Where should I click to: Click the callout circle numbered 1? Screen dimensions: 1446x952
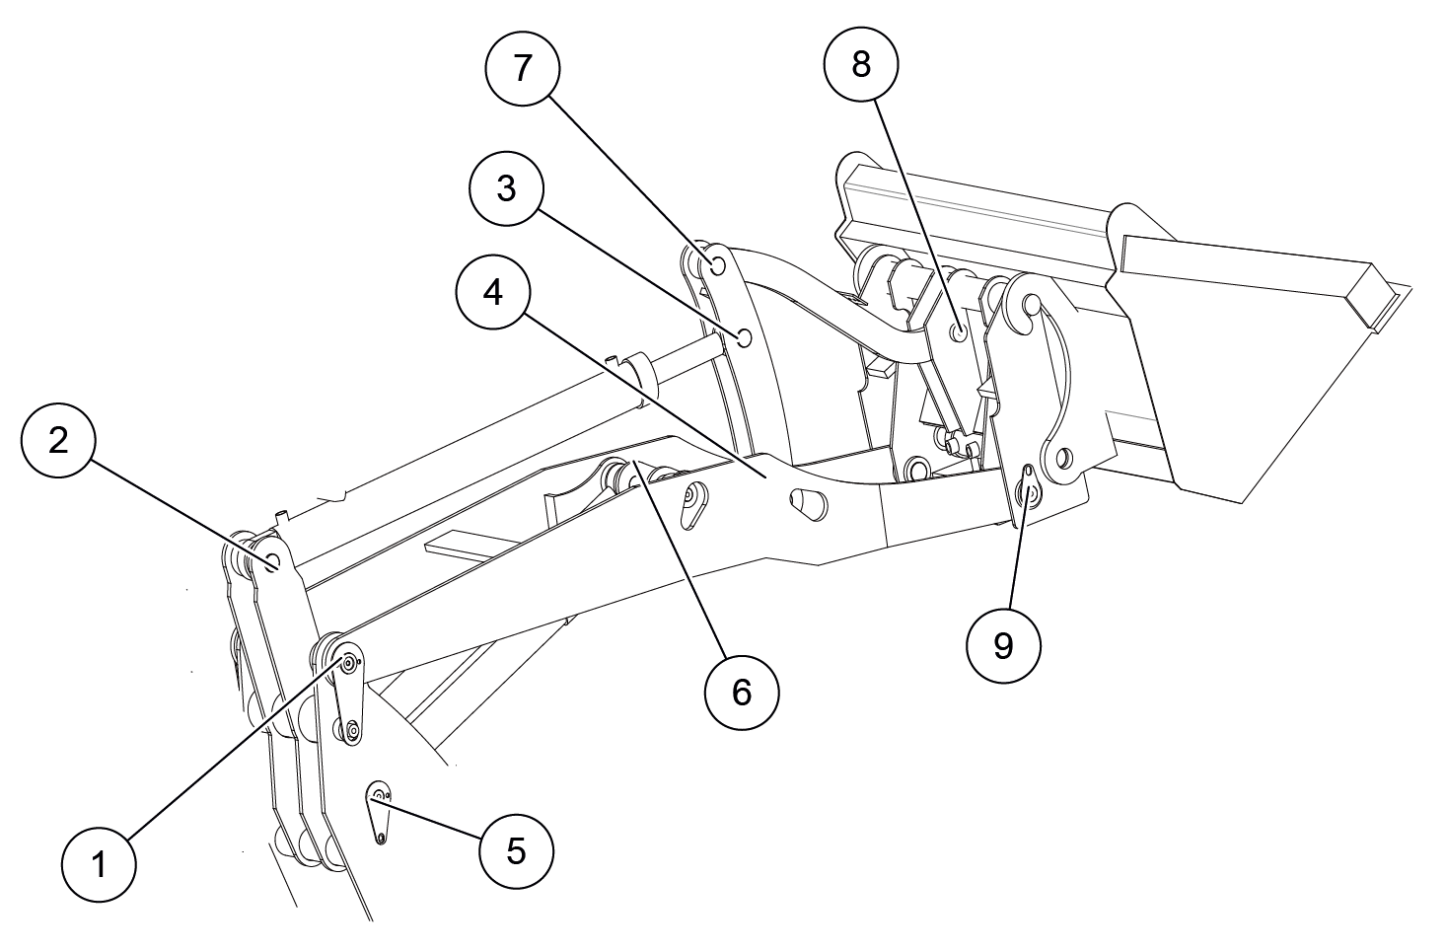click(99, 864)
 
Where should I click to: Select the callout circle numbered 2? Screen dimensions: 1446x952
click(58, 440)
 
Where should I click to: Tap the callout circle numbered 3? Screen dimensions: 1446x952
click(507, 188)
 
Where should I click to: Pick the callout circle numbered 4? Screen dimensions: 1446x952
click(493, 293)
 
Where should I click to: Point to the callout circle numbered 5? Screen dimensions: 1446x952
click(517, 850)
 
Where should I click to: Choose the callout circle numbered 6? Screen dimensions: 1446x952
click(742, 693)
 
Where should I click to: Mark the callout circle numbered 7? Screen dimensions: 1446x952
click(522, 68)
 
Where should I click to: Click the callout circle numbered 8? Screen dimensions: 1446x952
click(861, 64)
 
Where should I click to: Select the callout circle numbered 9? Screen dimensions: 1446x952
click(1003, 646)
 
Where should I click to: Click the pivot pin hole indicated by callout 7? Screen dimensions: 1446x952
click(717, 264)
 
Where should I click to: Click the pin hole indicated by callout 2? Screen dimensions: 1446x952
click(272, 559)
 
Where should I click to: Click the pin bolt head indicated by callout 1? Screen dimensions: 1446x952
click(348, 663)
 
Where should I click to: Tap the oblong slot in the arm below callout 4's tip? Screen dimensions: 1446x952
click(807, 504)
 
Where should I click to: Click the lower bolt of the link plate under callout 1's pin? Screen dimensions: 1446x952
click(352, 730)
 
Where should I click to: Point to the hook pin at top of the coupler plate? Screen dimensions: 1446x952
click(1032, 303)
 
